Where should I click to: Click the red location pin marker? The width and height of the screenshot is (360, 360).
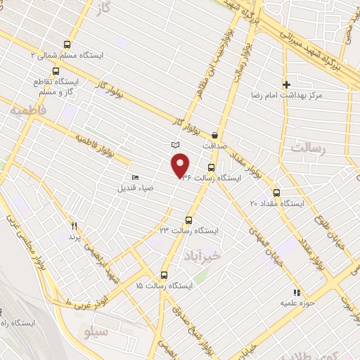click(x=181, y=165)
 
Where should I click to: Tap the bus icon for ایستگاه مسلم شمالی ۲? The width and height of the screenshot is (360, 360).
click(x=67, y=43)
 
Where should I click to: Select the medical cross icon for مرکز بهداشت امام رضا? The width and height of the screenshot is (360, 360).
click(x=286, y=84)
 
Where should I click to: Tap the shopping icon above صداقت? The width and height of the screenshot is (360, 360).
click(x=214, y=134)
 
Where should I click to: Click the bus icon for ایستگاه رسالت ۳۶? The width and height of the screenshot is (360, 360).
click(x=212, y=167)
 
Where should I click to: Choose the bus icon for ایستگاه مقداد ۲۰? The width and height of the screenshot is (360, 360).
click(x=276, y=192)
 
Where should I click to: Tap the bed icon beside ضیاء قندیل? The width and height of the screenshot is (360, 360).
click(x=135, y=177)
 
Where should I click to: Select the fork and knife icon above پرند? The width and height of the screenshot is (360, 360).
click(x=75, y=226)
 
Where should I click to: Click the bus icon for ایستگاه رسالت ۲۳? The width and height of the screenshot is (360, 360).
click(x=188, y=219)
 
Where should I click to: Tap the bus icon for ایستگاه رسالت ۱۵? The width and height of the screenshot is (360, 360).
click(x=164, y=275)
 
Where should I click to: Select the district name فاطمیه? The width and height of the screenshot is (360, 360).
click(x=26, y=110)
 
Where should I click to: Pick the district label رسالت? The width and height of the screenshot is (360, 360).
click(x=309, y=149)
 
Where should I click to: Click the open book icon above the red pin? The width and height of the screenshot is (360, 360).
click(x=175, y=145)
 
